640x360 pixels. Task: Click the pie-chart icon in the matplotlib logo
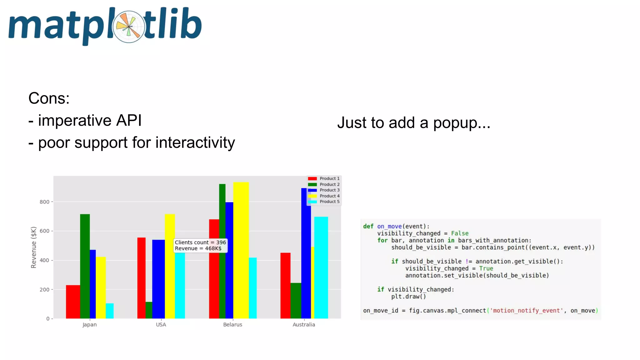click(129, 27)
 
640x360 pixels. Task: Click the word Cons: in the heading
click(49, 98)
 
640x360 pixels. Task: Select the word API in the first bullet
click(129, 121)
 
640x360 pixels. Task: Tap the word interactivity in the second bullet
click(195, 143)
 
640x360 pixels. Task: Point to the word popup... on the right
click(462, 123)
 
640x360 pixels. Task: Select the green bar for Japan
click(85, 266)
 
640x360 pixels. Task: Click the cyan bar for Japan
click(110, 311)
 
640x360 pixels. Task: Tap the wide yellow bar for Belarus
click(241, 250)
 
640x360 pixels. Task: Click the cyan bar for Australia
click(321, 267)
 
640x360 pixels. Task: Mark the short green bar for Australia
click(296, 300)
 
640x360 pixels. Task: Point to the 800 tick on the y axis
click(44, 202)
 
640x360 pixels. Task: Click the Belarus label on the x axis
click(232, 325)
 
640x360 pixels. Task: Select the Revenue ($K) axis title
click(33, 247)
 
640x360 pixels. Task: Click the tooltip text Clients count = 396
click(200, 242)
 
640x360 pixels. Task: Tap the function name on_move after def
click(389, 226)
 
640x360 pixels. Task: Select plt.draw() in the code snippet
click(408, 297)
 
